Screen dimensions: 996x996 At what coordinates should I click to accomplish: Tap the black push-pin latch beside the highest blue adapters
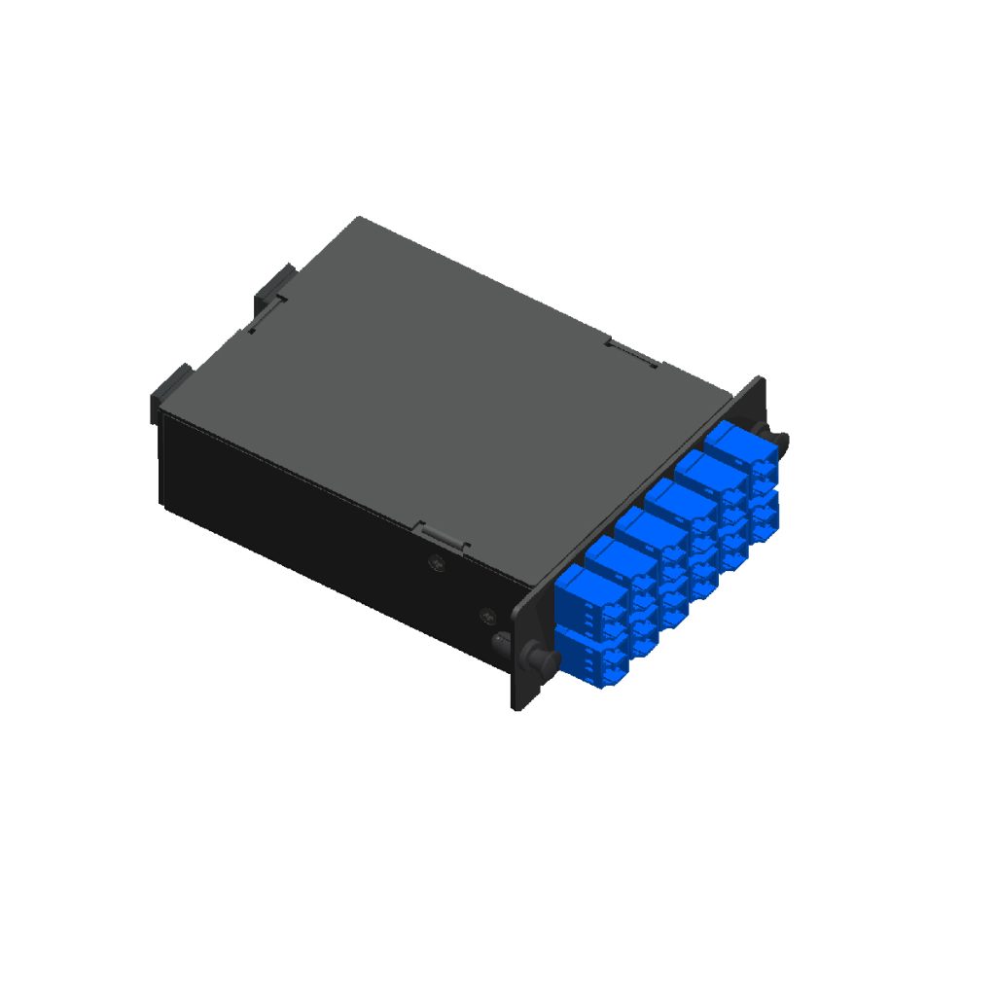click(x=778, y=443)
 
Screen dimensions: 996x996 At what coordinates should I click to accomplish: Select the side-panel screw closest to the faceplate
click(x=487, y=616)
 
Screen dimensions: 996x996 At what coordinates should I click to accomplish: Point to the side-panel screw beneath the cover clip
click(x=437, y=561)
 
